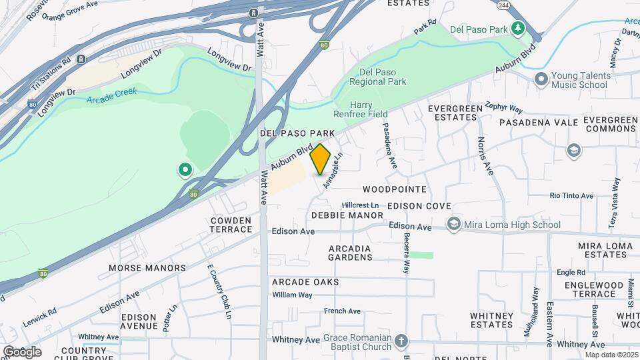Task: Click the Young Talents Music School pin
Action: click(x=541, y=79)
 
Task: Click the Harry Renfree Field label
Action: click(x=370, y=110)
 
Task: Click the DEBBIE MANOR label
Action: click(x=347, y=215)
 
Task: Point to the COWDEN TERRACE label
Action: click(x=231, y=225)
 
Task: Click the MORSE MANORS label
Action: click(x=147, y=268)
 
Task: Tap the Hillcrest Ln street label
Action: click(x=360, y=205)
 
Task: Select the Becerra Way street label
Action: click(x=405, y=255)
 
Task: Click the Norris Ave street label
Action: click(x=485, y=156)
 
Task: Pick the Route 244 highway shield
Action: click(x=503, y=6)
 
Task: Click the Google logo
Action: click(x=22, y=351)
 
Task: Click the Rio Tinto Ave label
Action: click(x=571, y=195)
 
